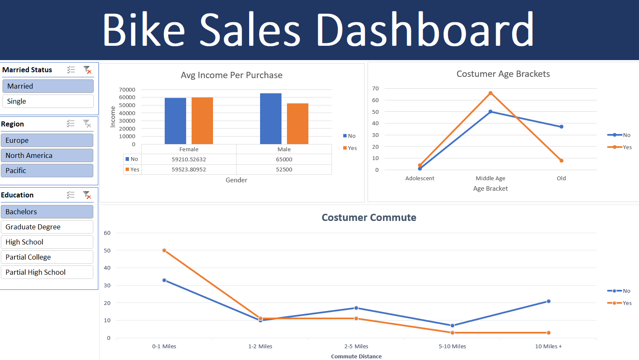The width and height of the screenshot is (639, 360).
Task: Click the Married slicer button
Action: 48,86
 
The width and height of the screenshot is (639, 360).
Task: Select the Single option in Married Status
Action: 48,101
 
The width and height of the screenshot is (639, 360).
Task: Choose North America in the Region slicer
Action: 47,155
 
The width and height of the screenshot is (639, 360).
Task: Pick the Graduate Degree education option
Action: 47,227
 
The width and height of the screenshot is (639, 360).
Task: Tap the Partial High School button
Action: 47,272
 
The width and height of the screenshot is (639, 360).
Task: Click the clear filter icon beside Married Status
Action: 87,70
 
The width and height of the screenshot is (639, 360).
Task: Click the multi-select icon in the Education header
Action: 71,195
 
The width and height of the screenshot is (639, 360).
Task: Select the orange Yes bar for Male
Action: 297,124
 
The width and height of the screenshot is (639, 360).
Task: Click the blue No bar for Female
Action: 175,121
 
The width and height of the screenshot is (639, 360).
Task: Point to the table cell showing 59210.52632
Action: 189,159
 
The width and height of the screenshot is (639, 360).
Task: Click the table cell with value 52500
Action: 284,169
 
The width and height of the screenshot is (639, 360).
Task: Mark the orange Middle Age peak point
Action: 490,93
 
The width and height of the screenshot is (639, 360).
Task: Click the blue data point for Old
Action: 561,126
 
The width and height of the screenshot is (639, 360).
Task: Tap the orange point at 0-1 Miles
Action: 164,250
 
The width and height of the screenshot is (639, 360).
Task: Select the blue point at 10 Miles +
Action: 548,301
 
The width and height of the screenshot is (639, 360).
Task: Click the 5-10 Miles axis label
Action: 452,346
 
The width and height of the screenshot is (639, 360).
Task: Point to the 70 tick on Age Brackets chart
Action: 375,89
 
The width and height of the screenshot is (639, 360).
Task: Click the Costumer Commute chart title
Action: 369,218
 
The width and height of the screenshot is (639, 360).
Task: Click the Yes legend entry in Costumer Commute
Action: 620,303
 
